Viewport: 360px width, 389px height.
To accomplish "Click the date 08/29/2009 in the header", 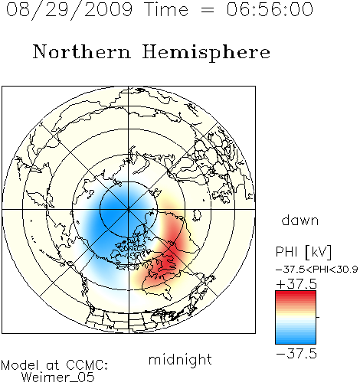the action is point(70,10).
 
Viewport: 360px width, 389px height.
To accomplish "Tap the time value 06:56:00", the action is point(270,9).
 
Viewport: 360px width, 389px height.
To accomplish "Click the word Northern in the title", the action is point(82,51).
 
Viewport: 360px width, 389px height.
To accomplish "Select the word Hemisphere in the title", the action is point(206,53).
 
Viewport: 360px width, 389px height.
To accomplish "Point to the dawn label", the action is point(300,220).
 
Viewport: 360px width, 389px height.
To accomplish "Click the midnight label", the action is point(180,360).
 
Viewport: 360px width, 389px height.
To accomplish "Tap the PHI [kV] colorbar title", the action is point(304,252).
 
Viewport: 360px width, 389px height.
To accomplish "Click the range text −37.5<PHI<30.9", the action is point(317,270).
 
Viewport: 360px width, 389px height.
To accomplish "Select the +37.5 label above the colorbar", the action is point(296,284).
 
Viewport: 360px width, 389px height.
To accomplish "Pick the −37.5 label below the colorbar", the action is point(296,354).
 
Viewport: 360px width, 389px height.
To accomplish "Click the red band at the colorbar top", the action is point(296,293).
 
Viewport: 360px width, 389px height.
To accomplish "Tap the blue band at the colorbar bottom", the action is point(296,341).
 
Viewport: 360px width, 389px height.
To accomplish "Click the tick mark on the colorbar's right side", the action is point(318,317).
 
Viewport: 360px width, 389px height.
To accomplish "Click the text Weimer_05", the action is point(58,378).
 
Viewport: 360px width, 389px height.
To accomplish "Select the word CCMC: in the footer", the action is point(87,364).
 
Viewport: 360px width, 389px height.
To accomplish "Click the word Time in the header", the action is point(166,10).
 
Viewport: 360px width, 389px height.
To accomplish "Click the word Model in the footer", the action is point(20,365).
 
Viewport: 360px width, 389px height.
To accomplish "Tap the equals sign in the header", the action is point(208,11).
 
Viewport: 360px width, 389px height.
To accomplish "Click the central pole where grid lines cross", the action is point(129,209).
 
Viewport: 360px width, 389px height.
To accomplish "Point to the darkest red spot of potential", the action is point(167,262).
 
